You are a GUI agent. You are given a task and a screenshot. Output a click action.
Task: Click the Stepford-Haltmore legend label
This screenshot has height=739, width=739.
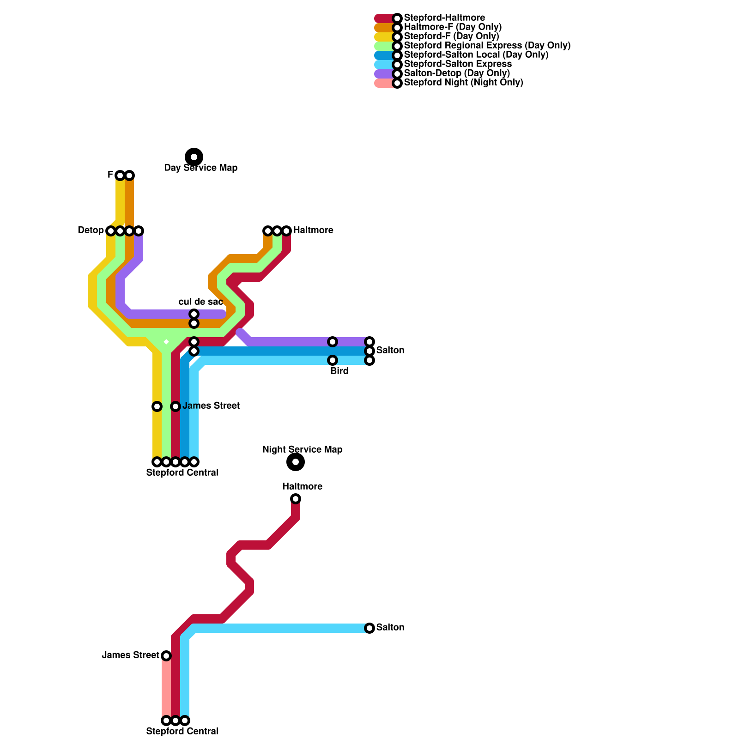(x=444, y=18)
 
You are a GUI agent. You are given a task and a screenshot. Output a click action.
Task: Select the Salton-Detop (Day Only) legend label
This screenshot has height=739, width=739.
(x=456, y=73)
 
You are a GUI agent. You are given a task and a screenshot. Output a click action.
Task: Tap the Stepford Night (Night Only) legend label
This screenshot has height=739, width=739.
(x=463, y=83)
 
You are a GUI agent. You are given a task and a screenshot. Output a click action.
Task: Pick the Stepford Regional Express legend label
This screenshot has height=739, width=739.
(x=487, y=46)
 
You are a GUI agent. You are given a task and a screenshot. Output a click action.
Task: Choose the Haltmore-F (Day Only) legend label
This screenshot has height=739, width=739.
(x=452, y=27)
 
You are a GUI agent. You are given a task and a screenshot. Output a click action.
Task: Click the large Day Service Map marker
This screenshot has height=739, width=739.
(x=194, y=157)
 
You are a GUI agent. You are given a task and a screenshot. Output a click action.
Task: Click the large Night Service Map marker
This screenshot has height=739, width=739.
(x=296, y=462)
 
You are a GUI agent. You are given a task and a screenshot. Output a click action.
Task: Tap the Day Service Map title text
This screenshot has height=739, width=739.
(x=201, y=168)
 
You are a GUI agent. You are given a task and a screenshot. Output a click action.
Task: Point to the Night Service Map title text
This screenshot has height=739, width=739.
(x=303, y=450)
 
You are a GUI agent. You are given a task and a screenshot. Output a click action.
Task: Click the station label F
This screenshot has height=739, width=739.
(x=110, y=175)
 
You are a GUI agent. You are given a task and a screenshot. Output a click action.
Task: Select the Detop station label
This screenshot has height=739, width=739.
(x=91, y=230)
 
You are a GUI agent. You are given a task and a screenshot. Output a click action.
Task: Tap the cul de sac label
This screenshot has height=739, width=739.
(x=201, y=302)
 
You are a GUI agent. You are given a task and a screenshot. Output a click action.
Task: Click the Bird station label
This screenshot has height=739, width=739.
(x=339, y=371)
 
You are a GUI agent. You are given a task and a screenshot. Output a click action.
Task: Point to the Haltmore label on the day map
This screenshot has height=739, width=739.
(x=313, y=230)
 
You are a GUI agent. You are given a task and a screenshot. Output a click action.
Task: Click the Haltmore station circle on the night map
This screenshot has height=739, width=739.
(x=296, y=499)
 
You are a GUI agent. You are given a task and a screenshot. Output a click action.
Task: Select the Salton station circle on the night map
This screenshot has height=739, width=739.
(x=369, y=628)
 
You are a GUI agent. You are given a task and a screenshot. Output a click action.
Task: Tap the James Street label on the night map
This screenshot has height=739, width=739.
(x=131, y=655)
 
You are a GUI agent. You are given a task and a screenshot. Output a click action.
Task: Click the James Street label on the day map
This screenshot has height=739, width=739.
(x=211, y=406)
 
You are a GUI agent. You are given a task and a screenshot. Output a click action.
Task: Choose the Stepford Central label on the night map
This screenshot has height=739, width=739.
(x=182, y=732)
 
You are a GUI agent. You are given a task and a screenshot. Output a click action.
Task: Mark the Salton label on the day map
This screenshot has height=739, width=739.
(x=390, y=351)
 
